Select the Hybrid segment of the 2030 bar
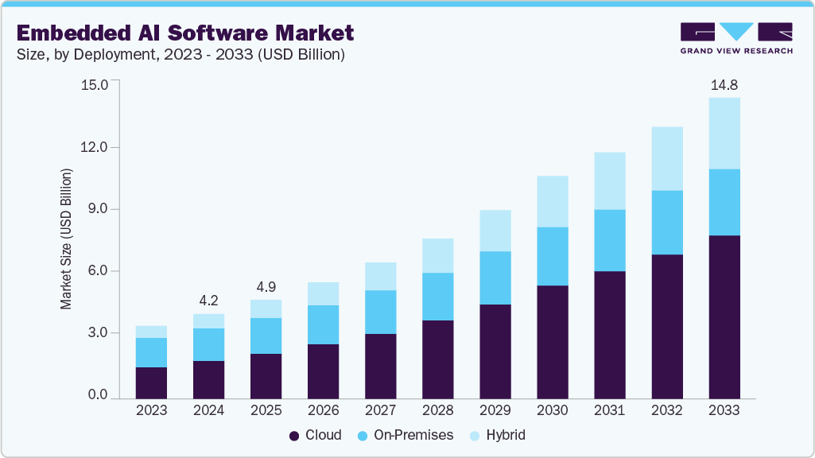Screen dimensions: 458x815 (x=553, y=201)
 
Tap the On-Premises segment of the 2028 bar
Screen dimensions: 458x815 (x=438, y=297)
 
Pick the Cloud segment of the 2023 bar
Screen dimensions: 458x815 (x=152, y=382)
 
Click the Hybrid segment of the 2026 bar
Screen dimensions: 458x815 (x=324, y=293)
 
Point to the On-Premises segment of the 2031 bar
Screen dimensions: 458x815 (x=610, y=240)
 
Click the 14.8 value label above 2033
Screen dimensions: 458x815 (x=724, y=85)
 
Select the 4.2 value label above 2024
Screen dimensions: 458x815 (x=209, y=301)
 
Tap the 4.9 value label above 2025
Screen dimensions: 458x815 (x=266, y=287)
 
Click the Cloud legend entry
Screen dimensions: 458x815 (x=316, y=435)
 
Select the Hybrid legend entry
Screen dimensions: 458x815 (x=496, y=435)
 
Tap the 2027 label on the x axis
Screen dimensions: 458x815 (x=381, y=410)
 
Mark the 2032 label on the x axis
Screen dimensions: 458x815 (x=667, y=410)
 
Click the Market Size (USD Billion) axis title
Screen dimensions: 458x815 (x=66, y=239)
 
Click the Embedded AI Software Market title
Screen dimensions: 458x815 (x=184, y=33)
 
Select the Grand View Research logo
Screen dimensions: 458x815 (x=736, y=37)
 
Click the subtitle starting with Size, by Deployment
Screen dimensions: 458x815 (x=180, y=55)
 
